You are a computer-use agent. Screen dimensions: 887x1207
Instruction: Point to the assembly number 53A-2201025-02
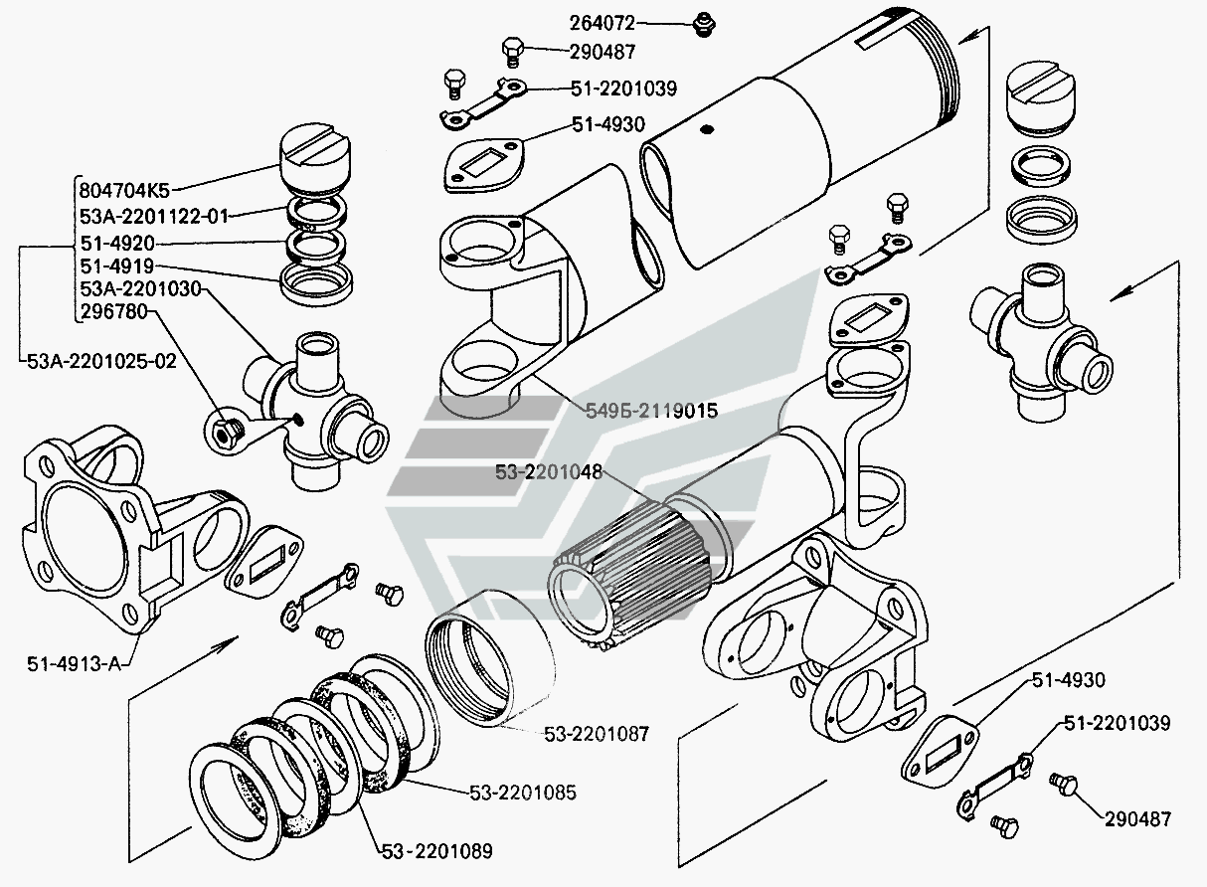[x=98, y=360]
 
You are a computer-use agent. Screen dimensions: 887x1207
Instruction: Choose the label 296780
[x=114, y=313]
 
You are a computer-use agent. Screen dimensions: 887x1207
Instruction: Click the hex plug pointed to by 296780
[x=227, y=430]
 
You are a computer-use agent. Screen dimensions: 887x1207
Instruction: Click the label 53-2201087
[x=596, y=734]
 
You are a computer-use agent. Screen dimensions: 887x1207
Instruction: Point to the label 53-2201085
[x=523, y=793]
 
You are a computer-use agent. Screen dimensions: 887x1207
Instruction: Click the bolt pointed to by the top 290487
[x=513, y=50]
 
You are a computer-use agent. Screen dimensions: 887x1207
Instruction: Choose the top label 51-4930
[x=608, y=124]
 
